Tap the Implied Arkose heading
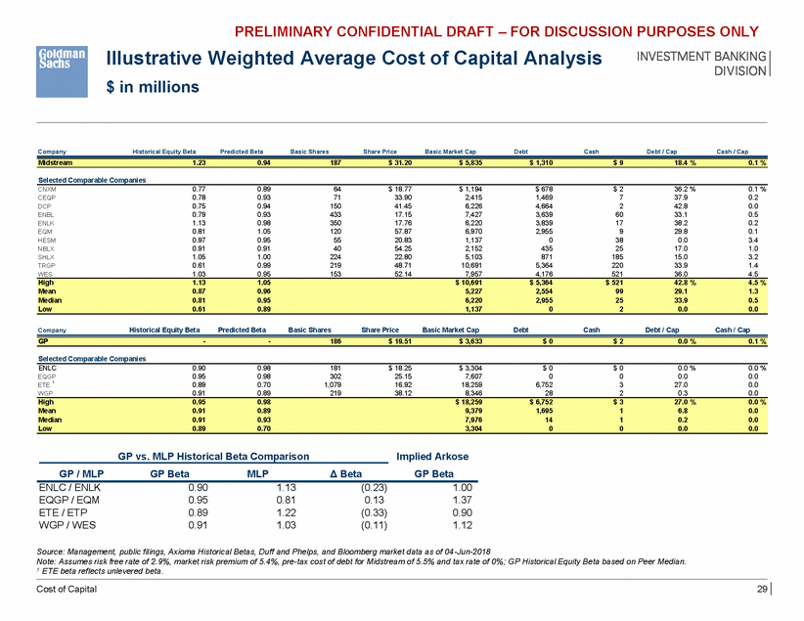point(431,456)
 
